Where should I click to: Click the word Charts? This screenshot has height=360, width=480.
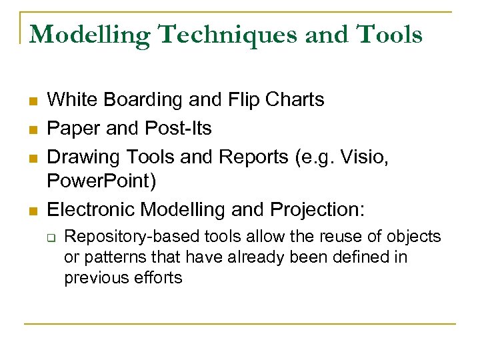294,100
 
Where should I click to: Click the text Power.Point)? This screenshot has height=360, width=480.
101,182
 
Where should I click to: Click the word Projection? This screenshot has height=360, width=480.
317,209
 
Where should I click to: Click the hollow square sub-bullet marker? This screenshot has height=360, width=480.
50,237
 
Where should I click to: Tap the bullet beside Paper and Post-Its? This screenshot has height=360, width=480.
31,129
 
